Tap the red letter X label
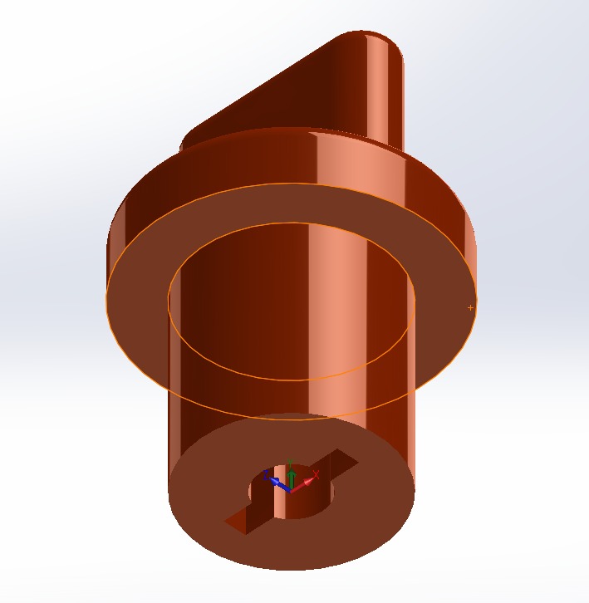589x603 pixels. coord(317,474)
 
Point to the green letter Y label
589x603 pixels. coord(289,462)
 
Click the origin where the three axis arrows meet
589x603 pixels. coord(290,489)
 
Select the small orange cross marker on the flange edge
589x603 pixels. coord(471,308)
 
